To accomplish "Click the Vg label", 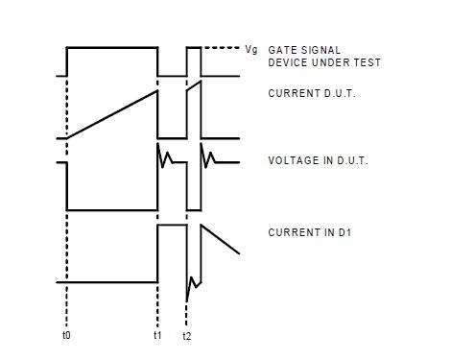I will tap(251, 48).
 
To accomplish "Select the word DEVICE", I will tap(287, 62).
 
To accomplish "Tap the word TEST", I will tap(368, 62).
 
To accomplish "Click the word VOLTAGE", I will tap(292, 160).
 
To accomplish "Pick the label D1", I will tap(355, 232).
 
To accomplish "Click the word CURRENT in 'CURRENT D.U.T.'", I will tap(292, 93).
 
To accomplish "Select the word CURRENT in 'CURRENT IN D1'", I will tap(292, 232).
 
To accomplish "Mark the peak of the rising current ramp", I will tap(156, 92).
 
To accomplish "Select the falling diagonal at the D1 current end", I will tap(221, 240).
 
